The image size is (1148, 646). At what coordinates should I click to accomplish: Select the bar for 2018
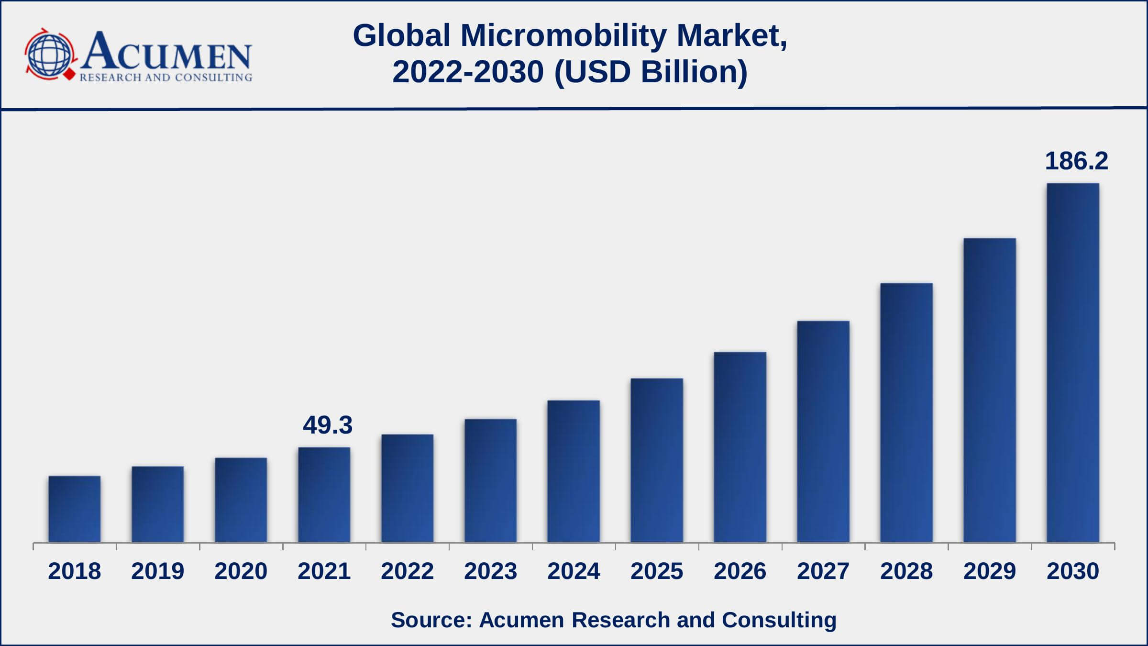[75, 509]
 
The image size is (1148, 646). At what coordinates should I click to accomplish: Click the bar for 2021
[324, 495]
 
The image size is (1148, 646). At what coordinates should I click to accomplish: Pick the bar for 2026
[740, 447]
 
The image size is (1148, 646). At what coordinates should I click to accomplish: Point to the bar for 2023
[491, 480]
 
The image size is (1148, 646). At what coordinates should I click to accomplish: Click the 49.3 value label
[328, 425]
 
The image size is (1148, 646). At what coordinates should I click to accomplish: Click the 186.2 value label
[1076, 161]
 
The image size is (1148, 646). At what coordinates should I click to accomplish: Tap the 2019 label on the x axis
[158, 571]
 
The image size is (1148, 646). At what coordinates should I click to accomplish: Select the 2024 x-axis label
[574, 571]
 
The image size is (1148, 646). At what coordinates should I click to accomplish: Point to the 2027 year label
[823, 571]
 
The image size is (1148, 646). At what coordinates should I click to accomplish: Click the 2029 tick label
[990, 571]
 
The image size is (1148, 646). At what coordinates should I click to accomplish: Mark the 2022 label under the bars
[408, 571]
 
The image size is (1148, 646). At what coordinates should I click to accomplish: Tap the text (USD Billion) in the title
[651, 72]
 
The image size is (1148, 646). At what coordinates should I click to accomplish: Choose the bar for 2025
[657, 460]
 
